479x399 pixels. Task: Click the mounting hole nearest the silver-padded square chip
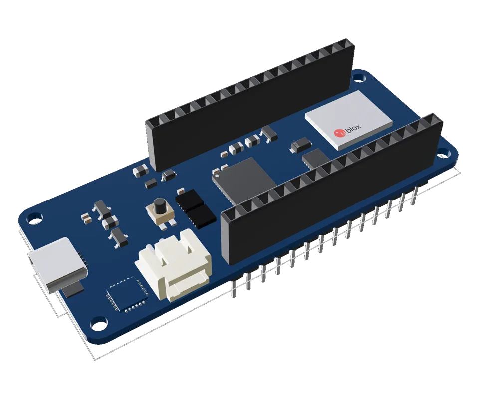tap(98, 324)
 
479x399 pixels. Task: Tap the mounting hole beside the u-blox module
tap(358, 77)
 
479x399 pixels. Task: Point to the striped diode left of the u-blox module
tap(301, 145)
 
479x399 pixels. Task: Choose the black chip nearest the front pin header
tap(202, 216)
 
